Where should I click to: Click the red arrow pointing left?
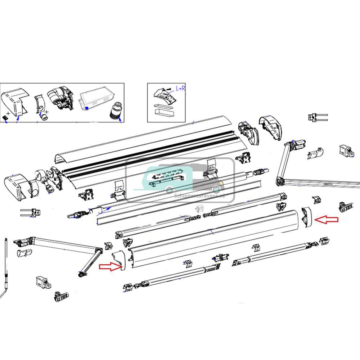point(327,220)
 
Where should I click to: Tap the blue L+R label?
point(180,88)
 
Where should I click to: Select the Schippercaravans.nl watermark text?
point(199,196)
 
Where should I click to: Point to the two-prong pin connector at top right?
point(316,117)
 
